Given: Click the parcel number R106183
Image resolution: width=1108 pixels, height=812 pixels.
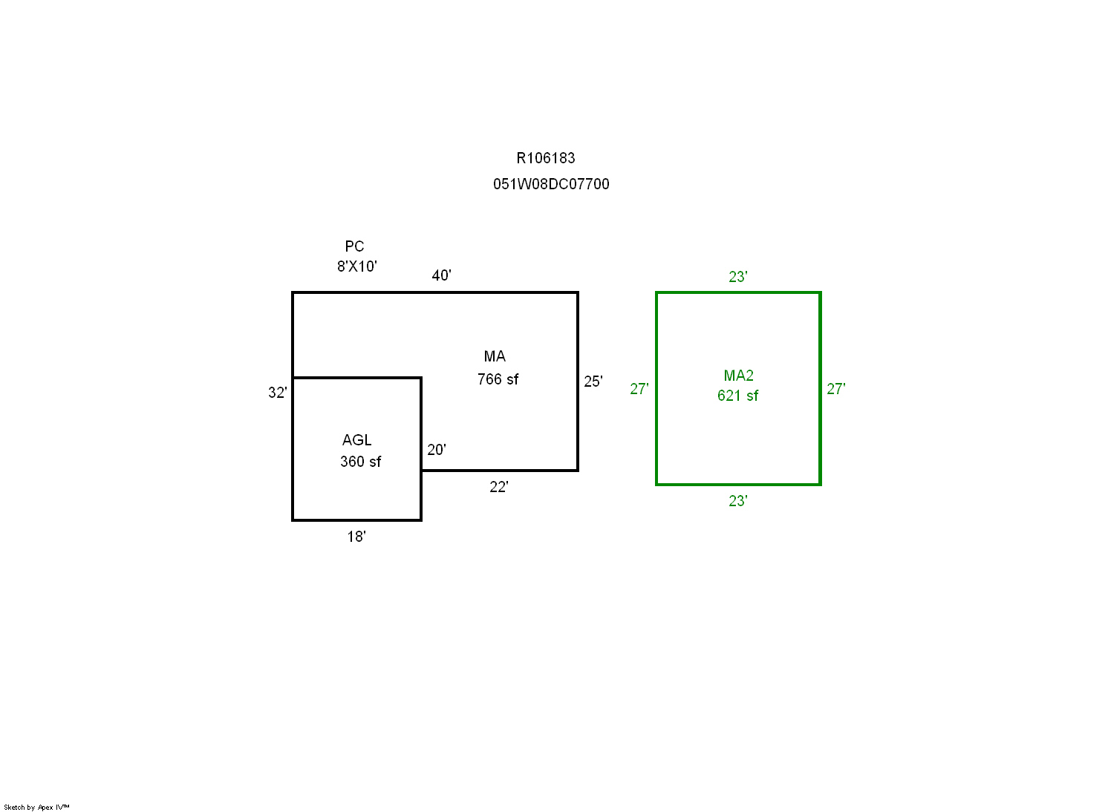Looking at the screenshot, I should click(546, 158).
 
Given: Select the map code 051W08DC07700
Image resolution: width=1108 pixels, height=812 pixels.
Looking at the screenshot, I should click(551, 184).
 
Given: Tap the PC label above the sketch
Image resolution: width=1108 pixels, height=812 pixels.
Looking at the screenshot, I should click(354, 246).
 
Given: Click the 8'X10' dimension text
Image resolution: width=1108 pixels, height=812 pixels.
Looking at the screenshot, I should click(357, 266).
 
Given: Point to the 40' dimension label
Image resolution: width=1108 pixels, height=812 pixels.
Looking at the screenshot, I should click(442, 275).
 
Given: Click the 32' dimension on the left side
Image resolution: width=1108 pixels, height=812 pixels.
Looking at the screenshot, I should click(278, 393).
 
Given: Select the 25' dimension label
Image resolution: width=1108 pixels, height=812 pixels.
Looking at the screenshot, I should click(593, 382).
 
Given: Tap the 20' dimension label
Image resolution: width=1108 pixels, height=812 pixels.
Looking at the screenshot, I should click(437, 450).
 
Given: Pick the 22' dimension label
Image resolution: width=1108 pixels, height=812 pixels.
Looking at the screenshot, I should click(499, 487).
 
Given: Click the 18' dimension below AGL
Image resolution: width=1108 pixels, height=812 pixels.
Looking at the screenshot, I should click(356, 537).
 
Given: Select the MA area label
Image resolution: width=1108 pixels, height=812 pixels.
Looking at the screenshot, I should click(495, 356).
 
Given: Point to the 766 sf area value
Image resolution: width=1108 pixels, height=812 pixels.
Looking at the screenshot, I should click(498, 379).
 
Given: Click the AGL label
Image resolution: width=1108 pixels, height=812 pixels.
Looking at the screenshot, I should click(357, 440).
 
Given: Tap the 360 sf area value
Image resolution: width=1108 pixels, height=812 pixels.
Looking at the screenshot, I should click(360, 462).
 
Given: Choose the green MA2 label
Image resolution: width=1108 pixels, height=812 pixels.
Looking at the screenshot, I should click(738, 376).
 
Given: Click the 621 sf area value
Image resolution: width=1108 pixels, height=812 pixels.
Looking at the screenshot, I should click(737, 396).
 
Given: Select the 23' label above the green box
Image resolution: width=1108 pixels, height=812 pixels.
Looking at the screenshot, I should click(738, 277).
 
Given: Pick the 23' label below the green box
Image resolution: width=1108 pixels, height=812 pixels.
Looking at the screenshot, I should click(738, 501).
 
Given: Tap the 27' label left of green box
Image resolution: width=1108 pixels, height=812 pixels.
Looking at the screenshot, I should click(639, 389).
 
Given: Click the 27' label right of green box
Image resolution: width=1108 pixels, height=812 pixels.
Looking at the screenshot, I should click(836, 389).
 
